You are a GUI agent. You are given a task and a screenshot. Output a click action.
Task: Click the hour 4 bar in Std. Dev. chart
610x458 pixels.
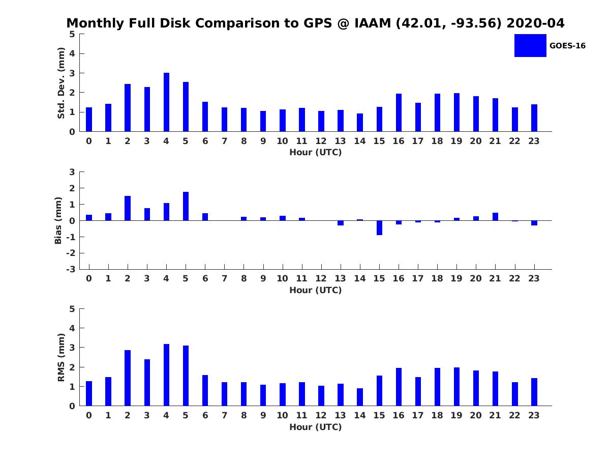[x=166, y=102]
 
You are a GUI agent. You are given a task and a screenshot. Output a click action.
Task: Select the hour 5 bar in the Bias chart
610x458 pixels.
[x=186, y=206]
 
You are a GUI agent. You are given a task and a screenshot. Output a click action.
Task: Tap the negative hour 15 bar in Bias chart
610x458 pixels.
[x=379, y=227]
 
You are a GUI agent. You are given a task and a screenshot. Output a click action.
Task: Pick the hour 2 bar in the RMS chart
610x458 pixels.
[x=128, y=378]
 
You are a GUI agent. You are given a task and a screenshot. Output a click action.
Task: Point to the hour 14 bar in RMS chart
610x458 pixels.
[x=360, y=397]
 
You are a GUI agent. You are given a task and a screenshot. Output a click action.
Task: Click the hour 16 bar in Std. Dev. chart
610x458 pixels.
[x=399, y=112]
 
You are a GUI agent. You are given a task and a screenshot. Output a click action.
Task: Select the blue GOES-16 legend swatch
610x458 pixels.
[x=530, y=45]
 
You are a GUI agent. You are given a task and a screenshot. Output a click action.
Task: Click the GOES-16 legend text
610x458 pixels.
[x=567, y=46]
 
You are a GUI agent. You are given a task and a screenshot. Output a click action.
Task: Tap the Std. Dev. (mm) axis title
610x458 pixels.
[x=61, y=83]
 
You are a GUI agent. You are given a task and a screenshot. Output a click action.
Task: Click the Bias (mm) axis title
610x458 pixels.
[x=58, y=220]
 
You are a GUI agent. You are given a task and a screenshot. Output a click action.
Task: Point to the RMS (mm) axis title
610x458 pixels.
[x=61, y=357]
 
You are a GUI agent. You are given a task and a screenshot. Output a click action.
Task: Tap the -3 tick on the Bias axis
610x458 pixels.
[x=72, y=269]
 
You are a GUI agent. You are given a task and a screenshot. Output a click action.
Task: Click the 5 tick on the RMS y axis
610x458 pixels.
[x=72, y=309]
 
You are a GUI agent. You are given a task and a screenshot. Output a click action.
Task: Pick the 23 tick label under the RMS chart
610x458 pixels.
[x=534, y=415]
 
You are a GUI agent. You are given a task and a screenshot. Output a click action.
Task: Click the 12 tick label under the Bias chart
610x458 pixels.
[x=321, y=278]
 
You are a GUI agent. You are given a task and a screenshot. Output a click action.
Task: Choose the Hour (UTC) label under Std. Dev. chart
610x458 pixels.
[x=315, y=153]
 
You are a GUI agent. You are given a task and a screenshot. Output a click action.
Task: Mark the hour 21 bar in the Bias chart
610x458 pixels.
[x=495, y=216]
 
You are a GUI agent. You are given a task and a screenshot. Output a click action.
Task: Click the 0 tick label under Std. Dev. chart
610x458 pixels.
[x=89, y=141]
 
